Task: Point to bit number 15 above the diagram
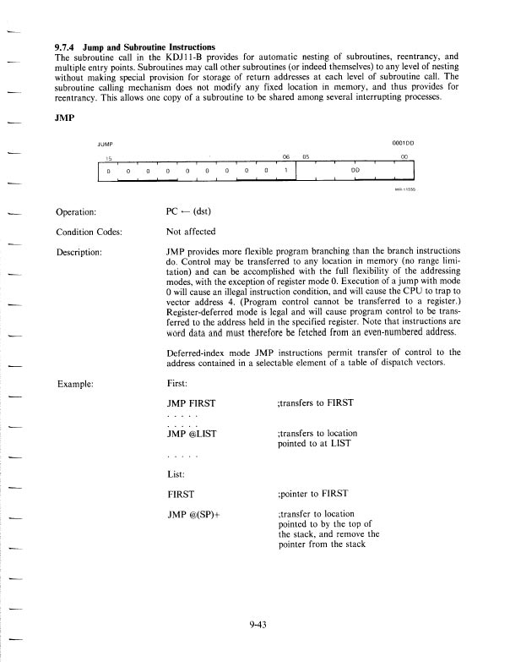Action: click(x=108, y=156)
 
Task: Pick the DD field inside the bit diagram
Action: click(x=355, y=169)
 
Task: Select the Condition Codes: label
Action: click(x=94, y=233)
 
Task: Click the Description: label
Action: click(x=84, y=251)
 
